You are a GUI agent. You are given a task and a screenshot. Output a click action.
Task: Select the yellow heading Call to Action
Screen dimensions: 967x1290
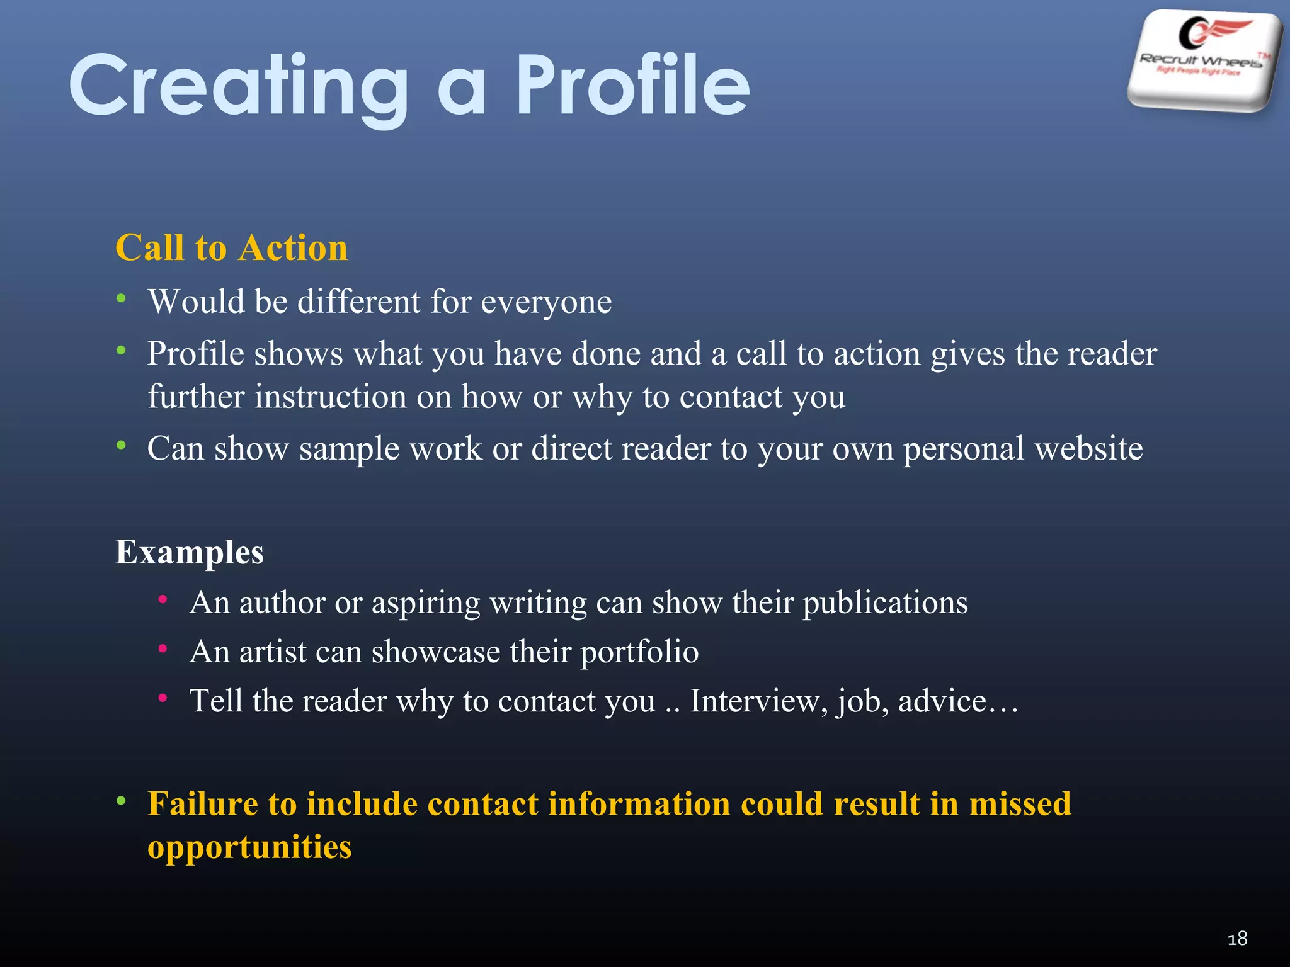point(231,247)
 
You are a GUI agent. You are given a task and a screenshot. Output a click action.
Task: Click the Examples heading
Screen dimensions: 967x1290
point(189,552)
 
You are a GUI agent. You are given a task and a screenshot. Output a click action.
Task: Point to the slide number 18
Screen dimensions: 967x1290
point(1237,939)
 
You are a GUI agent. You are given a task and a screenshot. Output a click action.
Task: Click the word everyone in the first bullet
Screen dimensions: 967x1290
point(546,302)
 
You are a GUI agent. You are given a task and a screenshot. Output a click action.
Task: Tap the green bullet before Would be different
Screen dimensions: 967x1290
point(122,298)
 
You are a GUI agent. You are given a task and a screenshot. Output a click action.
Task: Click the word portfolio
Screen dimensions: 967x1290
point(639,652)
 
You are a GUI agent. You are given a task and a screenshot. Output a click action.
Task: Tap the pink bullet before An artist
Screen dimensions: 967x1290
point(163,648)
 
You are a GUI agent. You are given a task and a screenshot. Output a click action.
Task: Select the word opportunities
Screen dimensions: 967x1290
point(249,847)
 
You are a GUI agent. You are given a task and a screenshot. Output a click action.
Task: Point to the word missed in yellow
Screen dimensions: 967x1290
point(1020,804)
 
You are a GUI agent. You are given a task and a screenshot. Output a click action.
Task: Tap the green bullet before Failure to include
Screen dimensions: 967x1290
point(122,801)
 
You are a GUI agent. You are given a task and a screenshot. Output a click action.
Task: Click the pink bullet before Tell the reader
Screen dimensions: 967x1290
point(163,698)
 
